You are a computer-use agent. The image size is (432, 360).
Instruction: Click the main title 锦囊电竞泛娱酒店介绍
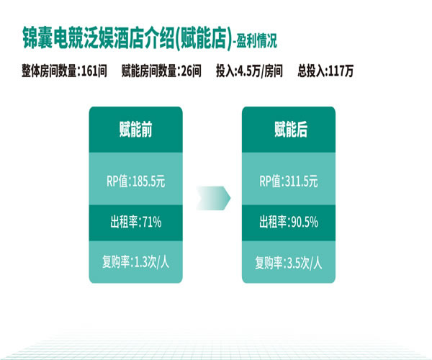99,38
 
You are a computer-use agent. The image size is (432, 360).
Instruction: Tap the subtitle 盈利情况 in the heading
256,41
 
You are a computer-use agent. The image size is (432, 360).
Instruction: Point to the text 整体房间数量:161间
64,71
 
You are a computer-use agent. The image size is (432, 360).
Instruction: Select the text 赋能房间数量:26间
161,71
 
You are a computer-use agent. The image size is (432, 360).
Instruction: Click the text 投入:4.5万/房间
249,71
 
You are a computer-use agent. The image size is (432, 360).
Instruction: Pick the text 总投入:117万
325,71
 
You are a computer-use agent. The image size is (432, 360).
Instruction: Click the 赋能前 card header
135,130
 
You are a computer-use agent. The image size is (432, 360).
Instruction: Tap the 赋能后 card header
289,130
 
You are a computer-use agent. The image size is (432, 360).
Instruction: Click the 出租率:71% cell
135,222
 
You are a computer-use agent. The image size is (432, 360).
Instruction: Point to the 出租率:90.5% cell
289,222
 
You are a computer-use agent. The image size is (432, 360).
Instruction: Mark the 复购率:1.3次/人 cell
135,262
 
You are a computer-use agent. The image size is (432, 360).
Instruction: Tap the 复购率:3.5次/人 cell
289,262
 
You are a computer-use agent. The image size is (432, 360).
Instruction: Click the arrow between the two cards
213,198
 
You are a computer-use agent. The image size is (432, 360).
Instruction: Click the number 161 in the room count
90,71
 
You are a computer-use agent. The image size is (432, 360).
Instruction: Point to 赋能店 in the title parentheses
204,38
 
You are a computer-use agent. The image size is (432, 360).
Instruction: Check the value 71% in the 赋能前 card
152,222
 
